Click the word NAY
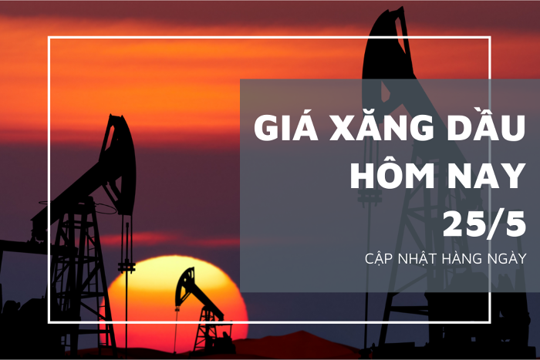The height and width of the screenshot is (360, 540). tap(487, 175)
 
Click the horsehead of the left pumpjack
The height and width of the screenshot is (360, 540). tap(119, 162)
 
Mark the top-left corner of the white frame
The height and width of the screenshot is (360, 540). tap(49, 37)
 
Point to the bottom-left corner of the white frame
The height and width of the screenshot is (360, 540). tap(49, 321)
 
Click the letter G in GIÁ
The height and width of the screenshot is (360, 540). tap(268, 128)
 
